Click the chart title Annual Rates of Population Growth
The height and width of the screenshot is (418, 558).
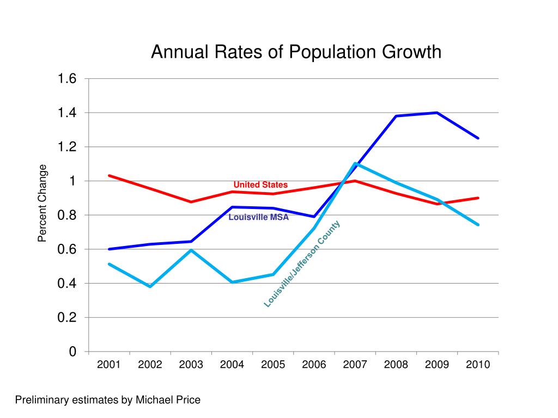[295, 52]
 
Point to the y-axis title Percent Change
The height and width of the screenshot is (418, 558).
[43, 203]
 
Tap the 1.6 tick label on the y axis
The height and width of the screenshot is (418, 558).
[68, 79]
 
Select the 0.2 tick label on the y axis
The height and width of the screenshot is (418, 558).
[68, 317]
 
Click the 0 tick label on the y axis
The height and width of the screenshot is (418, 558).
[72, 352]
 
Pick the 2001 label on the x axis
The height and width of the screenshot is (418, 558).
[109, 365]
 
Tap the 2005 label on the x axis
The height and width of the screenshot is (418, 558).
[273, 365]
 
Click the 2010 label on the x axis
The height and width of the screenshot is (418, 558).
[478, 365]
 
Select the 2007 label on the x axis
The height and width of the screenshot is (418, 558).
[355, 365]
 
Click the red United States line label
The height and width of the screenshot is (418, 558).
[260, 185]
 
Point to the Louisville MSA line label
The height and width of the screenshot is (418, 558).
[258, 218]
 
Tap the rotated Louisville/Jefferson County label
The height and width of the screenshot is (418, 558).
[302, 264]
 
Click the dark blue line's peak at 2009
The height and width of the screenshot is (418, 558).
[437, 113]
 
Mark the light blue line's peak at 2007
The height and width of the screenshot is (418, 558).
[355, 163]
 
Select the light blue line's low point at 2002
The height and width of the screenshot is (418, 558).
[150, 286]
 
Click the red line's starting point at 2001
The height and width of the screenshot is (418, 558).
[109, 175]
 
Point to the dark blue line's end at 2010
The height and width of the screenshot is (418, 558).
[478, 138]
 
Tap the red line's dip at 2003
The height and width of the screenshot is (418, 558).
[191, 202]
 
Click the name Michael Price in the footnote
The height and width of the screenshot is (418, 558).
[168, 400]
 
